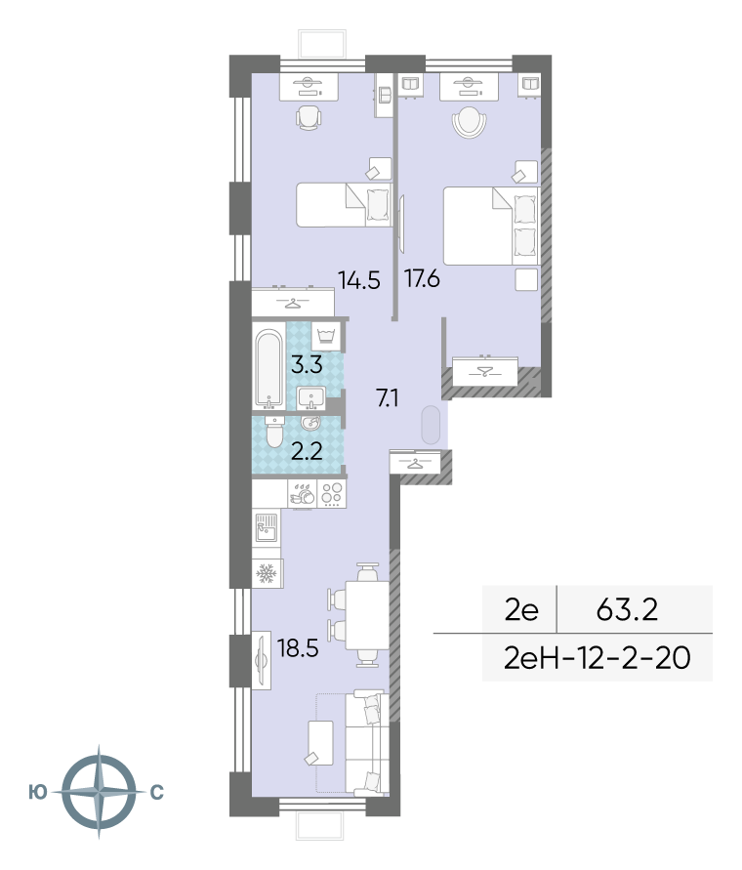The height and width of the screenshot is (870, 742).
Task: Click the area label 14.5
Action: [x=359, y=281]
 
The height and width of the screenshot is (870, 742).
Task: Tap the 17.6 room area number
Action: [x=423, y=278]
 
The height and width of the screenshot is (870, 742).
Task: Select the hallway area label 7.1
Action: [x=388, y=397]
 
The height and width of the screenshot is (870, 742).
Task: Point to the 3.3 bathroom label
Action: [x=307, y=365]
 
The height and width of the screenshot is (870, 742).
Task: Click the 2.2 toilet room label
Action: [x=307, y=452]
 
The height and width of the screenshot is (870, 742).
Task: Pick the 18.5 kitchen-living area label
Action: [x=298, y=648]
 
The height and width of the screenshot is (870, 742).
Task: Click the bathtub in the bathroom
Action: [x=269, y=369]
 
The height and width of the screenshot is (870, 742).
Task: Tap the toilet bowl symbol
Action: [x=274, y=432]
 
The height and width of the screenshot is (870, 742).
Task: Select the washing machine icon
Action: [x=326, y=336]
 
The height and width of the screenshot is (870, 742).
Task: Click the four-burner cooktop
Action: [x=332, y=493]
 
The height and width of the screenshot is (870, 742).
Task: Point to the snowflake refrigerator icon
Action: [x=267, y=574]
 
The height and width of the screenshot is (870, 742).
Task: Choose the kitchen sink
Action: [x=266, y=527]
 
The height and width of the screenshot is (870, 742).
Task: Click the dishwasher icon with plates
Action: [x=303, y=493]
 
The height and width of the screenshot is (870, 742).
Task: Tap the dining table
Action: [x=367, y=615]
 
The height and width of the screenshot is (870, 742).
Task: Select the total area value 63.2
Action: [x=627, y=609]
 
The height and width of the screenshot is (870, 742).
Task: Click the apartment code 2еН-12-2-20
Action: [x=598, y=658]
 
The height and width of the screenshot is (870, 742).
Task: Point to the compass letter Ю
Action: [x=38, y=792]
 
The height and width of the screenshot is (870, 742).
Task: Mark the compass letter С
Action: [x=157, y=792]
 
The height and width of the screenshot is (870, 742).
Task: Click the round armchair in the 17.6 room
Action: [x=470, y=121]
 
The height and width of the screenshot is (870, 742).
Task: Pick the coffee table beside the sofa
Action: [x=320, y=743]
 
